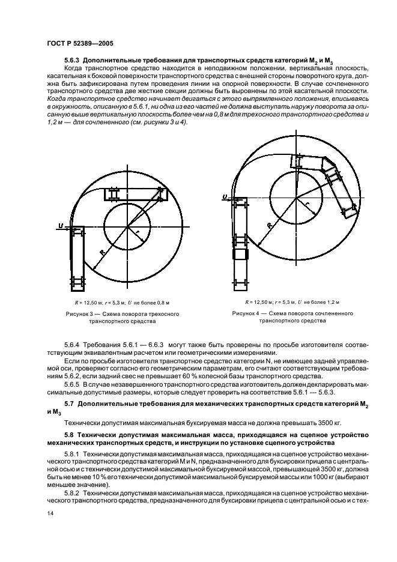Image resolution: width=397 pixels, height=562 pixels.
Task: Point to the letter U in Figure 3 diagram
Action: click(61, 226)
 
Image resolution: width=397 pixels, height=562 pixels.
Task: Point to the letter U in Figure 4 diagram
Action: click(224, 196)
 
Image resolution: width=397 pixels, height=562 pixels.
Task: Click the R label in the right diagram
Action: click(268, 225)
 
